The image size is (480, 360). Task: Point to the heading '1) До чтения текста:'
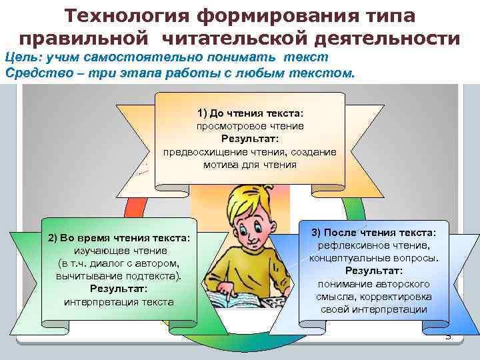(x=250, y=112)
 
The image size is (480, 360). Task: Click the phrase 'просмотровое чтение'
(x=250, y=125)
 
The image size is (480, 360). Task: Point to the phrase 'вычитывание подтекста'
(x=118, y=275)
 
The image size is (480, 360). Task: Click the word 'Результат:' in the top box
(x=250, y=138)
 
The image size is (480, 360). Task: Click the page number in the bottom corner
(x=448, y=337)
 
